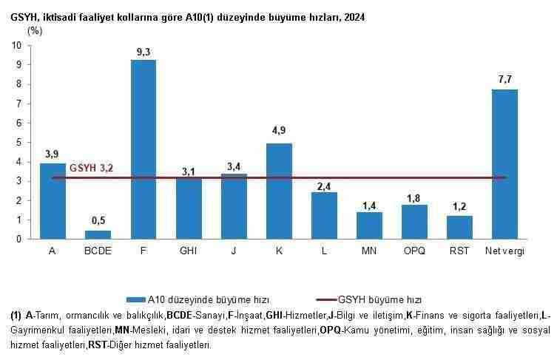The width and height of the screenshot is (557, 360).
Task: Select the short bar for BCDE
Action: pyautogui.click(x=98, y=234)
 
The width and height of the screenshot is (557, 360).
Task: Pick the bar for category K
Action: pyautogui.click(x=279, y=191)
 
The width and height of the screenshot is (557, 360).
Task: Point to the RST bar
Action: pyautogui.click(x=459, y=227)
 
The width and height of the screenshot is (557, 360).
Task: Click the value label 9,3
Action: pyautogui.click(x=144, y=51)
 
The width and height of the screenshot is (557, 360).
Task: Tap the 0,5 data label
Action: pyautogui.click(x=98, y=220)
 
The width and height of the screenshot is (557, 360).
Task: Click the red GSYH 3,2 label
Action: pyautogui.click(x=91, y=169)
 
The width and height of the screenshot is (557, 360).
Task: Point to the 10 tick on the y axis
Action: pyautogui.click(x=16, y=45)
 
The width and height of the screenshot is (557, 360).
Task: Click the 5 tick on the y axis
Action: pyautogui.click(x=18, y=142)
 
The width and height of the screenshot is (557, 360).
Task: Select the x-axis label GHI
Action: pyautogui.click(x=189, y=251)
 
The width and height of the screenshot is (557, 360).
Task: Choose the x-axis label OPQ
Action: pyautogui.click(x=414, y=251)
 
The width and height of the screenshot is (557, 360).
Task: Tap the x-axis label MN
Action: pyautogui.click(x=369, y=251)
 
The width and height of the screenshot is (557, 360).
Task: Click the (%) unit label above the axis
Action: pyautogui.click(x=35, y=31)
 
